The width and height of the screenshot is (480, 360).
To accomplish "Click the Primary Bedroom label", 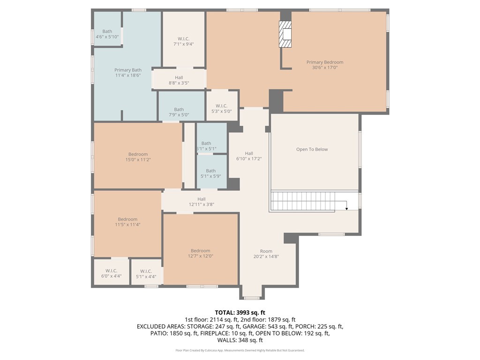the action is click(325, 62).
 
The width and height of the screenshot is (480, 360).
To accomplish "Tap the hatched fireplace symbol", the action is click(285, 34).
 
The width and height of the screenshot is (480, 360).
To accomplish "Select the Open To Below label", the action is click(312, 150).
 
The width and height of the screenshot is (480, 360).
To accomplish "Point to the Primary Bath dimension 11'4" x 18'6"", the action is click(128, 75).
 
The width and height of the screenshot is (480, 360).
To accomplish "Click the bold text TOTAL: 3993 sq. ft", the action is click(240, 313).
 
